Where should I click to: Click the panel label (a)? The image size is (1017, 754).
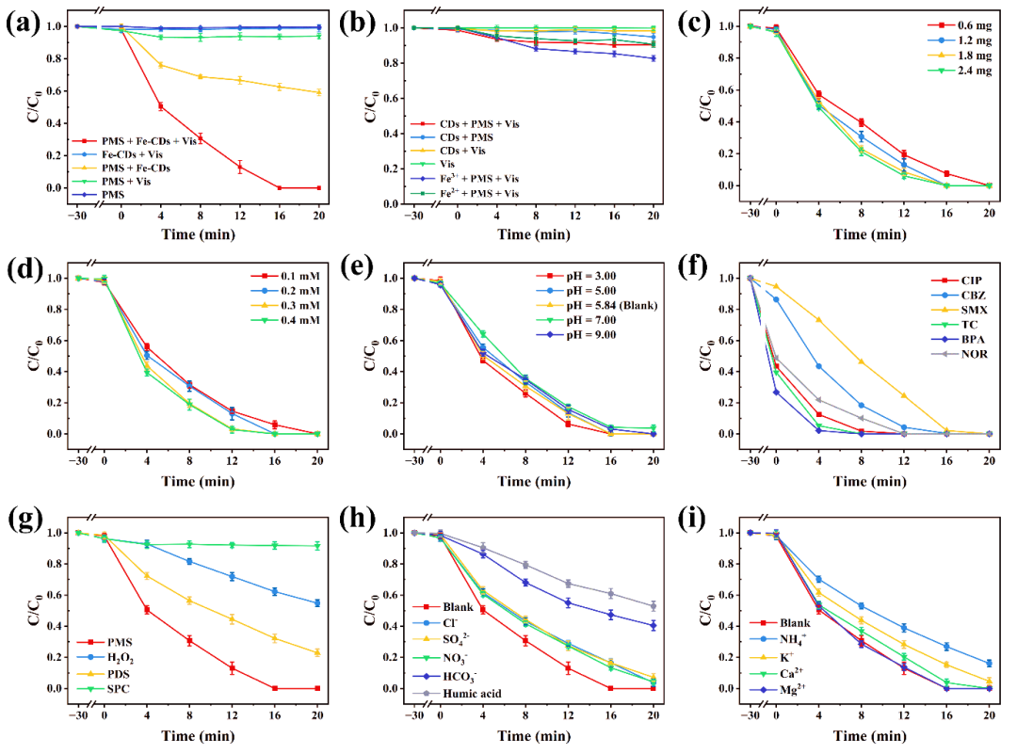[22, 23]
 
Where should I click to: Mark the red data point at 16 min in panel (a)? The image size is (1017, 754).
[279, 187]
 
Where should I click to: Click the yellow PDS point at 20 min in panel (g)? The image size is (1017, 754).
[317, 652]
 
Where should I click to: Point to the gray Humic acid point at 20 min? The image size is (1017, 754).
[653, 606]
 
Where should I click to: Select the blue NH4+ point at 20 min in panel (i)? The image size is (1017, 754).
[988, 664]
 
